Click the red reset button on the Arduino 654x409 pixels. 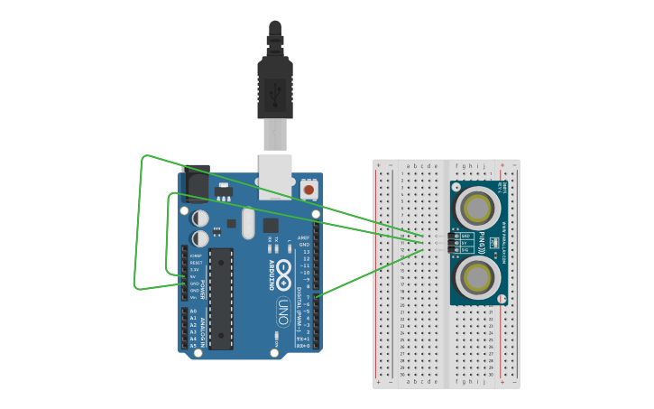pyautogui.click(x=309, y=190)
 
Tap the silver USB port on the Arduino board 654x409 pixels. pyautogui.click(x=275, y=175)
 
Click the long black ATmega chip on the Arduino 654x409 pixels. pyautogui.click(x=221, y=297)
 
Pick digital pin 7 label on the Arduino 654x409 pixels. pyautogui.click(x=307, y=296)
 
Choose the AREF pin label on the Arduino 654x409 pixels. pyautogui.click(x=304, y=237)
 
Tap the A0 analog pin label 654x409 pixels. pyautogui.click(x=193, y=311)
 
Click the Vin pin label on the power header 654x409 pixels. pyautogui.click(x=193, y=297)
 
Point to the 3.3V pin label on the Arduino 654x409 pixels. pyautogui.click(x=193, y=269)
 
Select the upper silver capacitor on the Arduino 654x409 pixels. pyautogui.click(x=199, y=218)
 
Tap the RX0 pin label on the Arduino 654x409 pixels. pyautogui.click(x=305, y=346)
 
